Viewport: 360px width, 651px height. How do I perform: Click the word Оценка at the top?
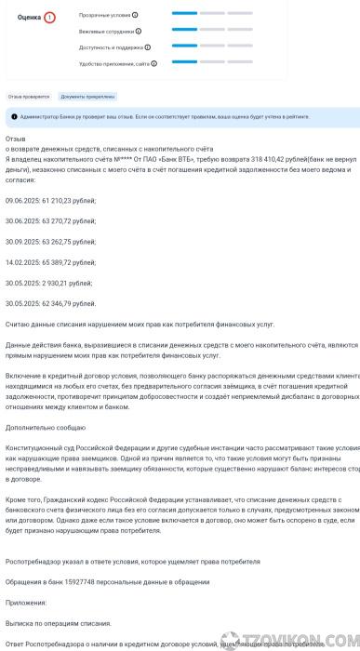30,18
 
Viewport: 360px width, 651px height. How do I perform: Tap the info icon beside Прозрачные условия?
135,16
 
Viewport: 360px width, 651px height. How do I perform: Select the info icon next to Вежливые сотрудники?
139,31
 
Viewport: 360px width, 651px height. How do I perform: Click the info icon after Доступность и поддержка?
147,46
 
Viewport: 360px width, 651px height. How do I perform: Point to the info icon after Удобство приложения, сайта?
154,63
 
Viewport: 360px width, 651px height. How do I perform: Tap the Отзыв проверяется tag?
29,96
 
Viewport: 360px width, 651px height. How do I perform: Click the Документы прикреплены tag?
87,96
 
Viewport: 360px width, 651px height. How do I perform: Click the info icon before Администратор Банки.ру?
13,116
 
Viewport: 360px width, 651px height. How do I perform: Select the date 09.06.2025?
25,200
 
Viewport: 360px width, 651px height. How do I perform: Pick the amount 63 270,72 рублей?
70,220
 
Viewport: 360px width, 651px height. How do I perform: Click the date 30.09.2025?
25,241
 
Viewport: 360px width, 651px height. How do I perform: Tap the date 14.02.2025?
25,262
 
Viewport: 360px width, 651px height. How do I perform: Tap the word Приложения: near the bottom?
26,602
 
